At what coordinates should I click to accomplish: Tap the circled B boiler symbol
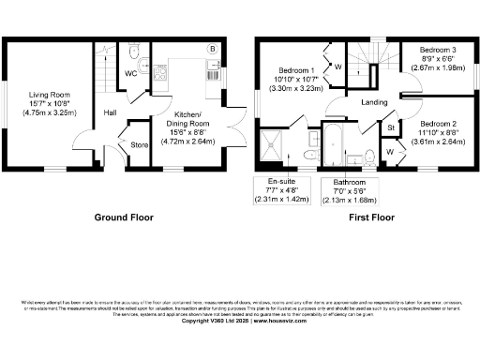click(x=214, y=49)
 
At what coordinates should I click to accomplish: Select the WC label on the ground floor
click(x=131, y=72)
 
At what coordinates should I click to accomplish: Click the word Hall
click(x=110, y=113)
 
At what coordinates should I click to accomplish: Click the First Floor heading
click(x=372, y=217)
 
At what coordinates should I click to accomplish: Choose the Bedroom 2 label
click(x=439, y=124)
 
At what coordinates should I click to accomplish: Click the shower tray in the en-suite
click(x=280, y=145)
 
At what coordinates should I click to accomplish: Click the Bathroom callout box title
click(x=341, y=182)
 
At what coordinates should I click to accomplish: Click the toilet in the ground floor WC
click(x=135, y=51)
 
